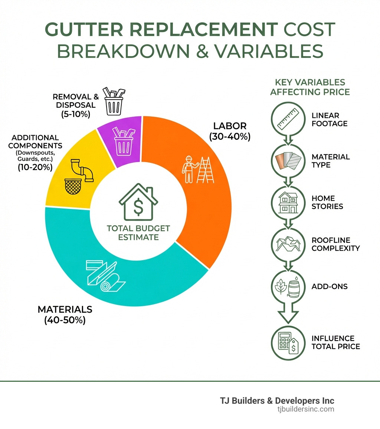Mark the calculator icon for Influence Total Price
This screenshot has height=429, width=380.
[286, 342]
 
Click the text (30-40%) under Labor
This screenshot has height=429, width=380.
[230, 137]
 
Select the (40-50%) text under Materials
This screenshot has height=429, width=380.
[65, 320]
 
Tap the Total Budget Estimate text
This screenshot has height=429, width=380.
[138, 233]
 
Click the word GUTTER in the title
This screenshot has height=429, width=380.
[83, 30]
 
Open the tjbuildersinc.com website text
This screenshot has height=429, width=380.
[305, 409]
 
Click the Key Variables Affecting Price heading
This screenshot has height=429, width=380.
[310, 87]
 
